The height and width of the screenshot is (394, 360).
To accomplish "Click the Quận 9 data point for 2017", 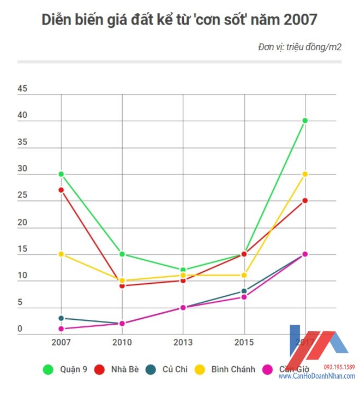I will pos(305,121).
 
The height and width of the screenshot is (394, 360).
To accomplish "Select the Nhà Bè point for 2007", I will pos(61,190).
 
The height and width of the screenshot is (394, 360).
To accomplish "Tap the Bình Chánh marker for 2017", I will pos(305,174).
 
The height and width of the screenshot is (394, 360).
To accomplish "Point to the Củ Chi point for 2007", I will pos(61,318).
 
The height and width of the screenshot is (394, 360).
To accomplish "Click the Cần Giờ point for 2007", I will pos(61,329).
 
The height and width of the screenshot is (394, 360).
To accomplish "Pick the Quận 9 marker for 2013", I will pos(183,270).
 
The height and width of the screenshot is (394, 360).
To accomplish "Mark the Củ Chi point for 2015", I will pos(244,291).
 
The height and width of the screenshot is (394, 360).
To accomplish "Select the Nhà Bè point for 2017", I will pos(305,200).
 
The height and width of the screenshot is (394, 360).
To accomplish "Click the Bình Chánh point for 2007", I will pos(61,254).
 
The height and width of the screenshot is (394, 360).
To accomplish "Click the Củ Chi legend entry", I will pos(168,369).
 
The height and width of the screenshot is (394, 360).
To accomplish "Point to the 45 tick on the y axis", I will pos(22,89).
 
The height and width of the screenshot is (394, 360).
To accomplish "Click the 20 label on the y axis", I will pos(22,222).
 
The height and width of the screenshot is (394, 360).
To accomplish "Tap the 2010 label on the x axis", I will pos(122,343).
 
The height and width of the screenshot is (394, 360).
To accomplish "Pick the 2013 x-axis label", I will pos(183,343).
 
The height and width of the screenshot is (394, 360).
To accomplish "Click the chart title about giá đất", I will pos(179,20).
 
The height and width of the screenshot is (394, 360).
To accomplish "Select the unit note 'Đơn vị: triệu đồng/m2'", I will pos(299,47).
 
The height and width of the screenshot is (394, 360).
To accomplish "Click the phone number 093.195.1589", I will pos(339,367).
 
